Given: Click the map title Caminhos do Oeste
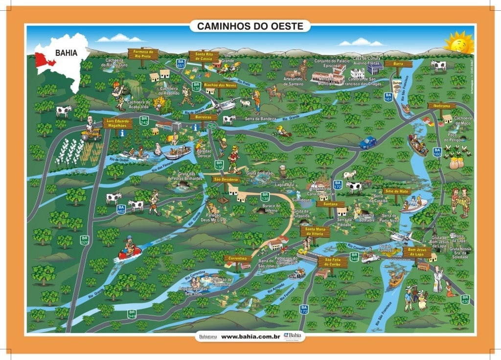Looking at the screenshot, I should click(250, 25).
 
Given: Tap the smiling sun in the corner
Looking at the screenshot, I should click(458, 43).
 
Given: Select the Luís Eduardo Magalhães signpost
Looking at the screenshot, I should click(117, 124).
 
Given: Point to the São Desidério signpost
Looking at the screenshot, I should click(226, 180).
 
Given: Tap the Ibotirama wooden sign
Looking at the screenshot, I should click(441, 105).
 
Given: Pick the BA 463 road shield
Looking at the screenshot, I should click(121, 209).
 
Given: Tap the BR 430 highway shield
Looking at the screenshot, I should click(465, 300).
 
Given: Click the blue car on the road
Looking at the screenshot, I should click(368, 142).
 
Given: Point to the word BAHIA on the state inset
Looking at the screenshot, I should click(65, 52).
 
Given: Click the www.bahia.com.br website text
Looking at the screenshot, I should click(250, 336).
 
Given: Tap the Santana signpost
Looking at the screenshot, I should click(330, 203).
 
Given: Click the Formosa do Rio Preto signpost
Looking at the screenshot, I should click(143, 53).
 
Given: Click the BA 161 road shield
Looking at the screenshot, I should click(388, 97).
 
